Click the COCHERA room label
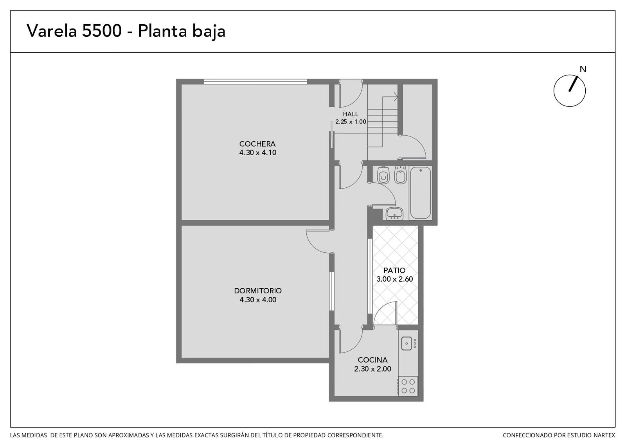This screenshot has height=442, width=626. (257, 144)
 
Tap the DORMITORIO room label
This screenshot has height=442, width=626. (258, 291)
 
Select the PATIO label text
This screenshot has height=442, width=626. (394, 270)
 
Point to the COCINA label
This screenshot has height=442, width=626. (372, 360)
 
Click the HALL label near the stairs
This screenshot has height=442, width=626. (351, 114)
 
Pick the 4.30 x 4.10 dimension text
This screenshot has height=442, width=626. (258, 153)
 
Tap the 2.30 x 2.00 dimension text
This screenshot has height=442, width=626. (372, 369)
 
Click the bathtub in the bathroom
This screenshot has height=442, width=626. (420, 193)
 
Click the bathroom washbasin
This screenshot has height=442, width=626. (394, 214)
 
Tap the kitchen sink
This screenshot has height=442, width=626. (407, 343)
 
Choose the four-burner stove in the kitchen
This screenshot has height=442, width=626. (408, 386)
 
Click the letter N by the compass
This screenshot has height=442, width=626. (583, 69)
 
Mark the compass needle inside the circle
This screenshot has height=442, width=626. (573, 84)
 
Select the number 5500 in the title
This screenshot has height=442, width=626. (102, 31)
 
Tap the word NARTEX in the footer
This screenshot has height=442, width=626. (606, 435)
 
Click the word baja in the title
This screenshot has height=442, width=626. (209, 31)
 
